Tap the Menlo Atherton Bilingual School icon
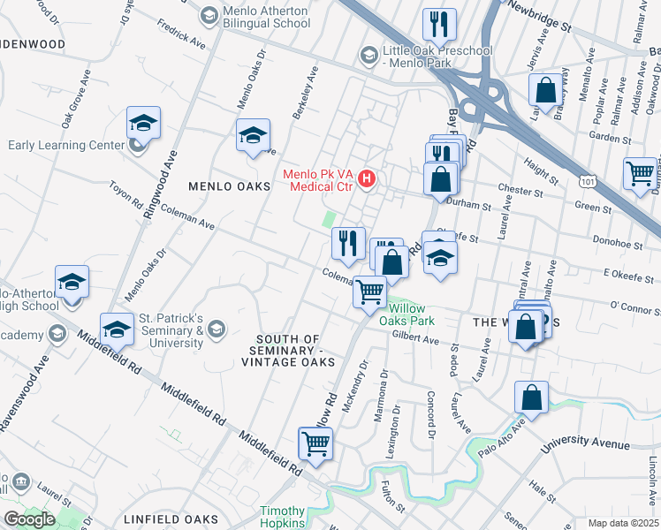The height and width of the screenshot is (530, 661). [209, 15]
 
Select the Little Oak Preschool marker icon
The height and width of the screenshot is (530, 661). [368, 56]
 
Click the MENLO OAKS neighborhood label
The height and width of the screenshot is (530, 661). [229, 187]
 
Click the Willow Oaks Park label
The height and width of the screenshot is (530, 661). [409, 315]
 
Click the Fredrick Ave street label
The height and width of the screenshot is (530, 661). [181, 34]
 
